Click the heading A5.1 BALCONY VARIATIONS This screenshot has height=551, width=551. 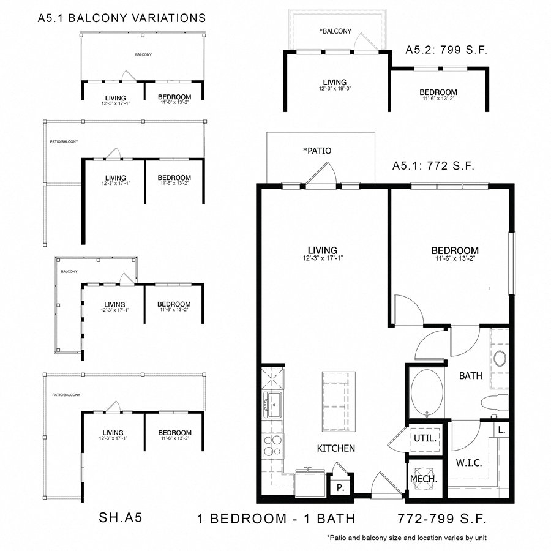122,18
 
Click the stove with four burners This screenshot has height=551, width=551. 272,446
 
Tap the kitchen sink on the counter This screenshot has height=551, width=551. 272,405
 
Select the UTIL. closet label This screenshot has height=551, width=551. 425,438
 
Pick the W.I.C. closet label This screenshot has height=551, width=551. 469,463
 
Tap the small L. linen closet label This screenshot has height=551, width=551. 501,430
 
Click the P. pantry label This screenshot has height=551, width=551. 340,489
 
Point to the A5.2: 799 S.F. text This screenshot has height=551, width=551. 446,51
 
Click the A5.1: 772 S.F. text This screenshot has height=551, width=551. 433,166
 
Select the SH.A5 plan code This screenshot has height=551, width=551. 121,519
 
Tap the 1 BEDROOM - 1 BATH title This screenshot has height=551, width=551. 276,519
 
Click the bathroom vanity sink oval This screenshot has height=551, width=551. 500,358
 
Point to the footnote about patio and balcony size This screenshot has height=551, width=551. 407,538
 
